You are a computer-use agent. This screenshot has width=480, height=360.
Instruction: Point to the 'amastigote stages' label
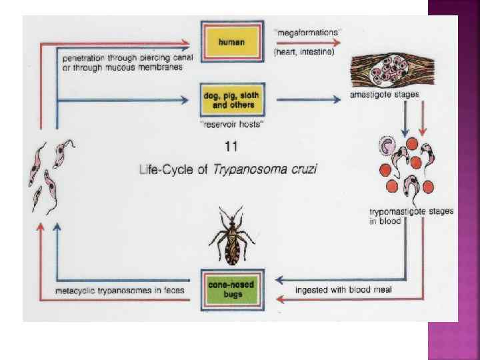[x=385, y=95]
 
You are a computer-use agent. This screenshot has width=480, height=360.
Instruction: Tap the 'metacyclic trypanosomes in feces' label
[x=120, y=291]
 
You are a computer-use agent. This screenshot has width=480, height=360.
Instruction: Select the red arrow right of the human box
[x=307, y=41]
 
